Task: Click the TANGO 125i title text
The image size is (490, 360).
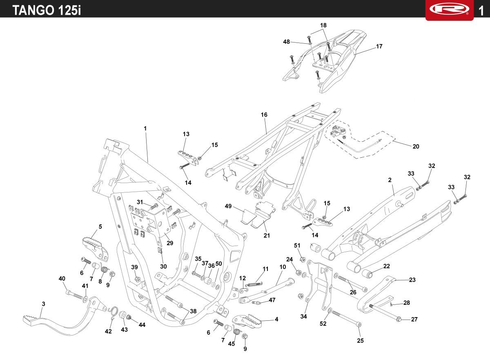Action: coord(46,10)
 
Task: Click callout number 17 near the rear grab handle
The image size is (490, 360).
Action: coord(379,47)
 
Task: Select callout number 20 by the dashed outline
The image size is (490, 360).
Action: coord(416,146)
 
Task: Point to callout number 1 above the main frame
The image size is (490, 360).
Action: coord(145,128)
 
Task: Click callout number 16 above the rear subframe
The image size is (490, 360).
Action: coord(264,115)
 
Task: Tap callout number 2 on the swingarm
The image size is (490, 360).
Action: coord(390,180)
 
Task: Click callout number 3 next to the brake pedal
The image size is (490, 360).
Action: coord(43,304)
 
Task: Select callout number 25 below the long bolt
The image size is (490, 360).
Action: coord(360,340)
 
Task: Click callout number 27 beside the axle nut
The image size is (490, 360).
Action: coord(414,320)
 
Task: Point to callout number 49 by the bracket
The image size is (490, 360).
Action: coord(228,206)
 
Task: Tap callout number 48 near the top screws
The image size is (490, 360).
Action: coord(286,42)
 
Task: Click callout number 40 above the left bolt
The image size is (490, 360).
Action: coord(62,279)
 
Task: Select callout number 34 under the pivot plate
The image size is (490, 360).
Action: coord(303,316)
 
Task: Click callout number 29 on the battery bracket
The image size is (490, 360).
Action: coord(170,243)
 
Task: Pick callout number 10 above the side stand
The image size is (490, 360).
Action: coord(283,267)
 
